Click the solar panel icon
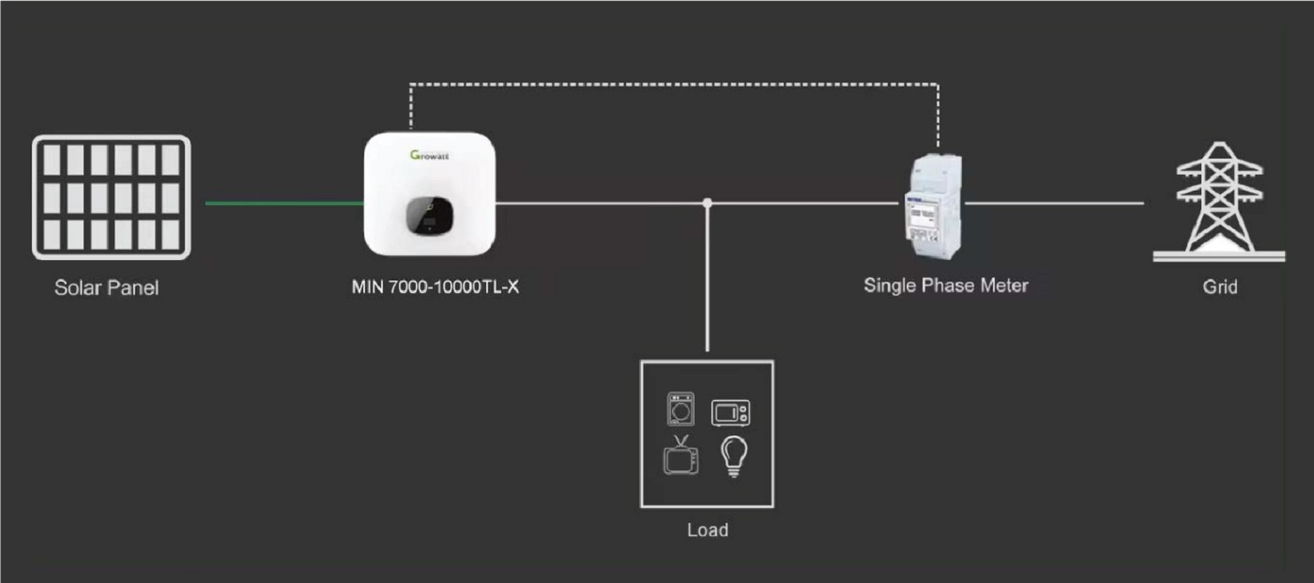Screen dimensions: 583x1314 pyautogui.click(x=112, y=197)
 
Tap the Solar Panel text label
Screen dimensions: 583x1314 pyautogui.click(x=106, y=288)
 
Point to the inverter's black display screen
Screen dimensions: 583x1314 pyautogui.click(x=427, y=217)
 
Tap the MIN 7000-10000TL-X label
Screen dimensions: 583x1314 pyautogui.click(x=435, y=286)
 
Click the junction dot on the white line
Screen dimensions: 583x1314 pyautogui.click(x=708, y=203)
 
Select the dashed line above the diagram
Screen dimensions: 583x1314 pyautogui.click(x=674, y=84)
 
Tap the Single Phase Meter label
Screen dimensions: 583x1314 pyautogui.click(x=945, y=284)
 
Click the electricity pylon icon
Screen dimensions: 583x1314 pyautogui.click(x=1219, y=201)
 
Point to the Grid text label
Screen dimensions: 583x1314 pyautogui.click(x=1219, y=287)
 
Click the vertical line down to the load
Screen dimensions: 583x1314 pyautogui.click(x=708, y=282)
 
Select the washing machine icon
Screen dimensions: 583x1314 pyautogui.click(x=680, y=410)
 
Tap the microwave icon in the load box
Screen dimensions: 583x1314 pyautogui.click(x=730, y=413)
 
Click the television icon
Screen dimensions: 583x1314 pyautogui.click(x=680, y=456)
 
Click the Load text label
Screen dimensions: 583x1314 pyautogui.click(x=707, y=530)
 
